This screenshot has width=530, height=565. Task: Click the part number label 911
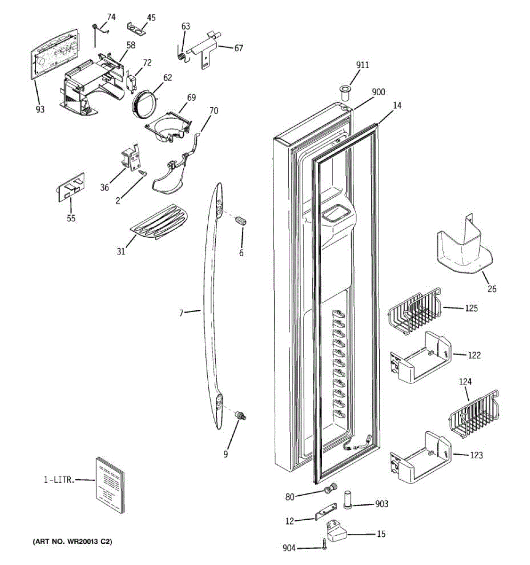[x=362, y=65]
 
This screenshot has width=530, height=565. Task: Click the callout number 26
[x=492, y=289]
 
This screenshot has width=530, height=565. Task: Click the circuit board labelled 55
[x=71, y=187]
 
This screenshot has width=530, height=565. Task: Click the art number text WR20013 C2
[x=73, y=542]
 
